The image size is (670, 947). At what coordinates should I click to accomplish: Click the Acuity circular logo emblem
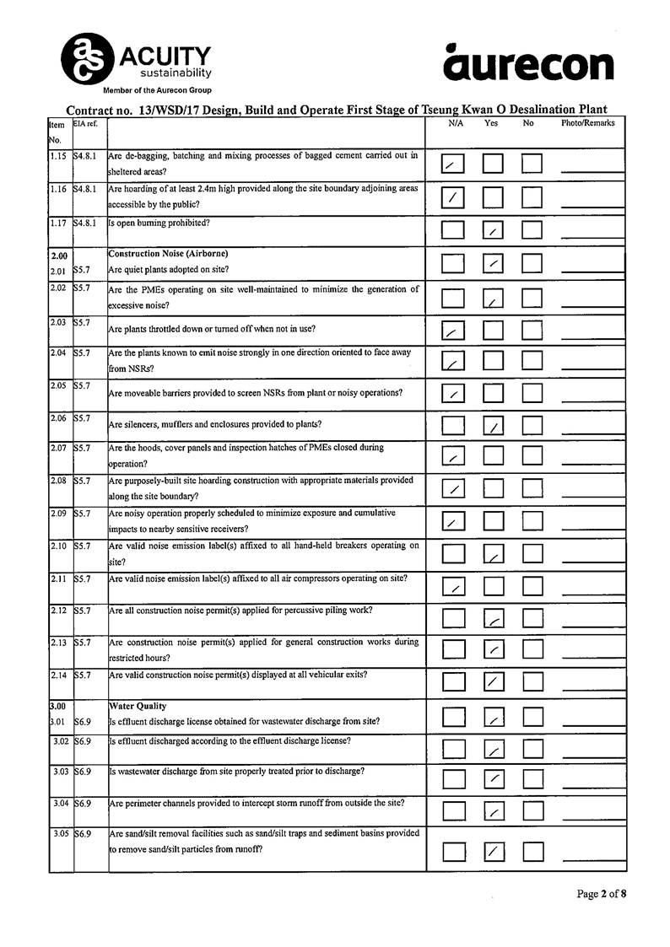(x=86, y=58)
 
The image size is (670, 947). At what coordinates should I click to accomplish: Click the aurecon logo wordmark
(x=528, y=64)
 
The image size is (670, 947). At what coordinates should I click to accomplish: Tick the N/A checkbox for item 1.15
(x=453, y=164)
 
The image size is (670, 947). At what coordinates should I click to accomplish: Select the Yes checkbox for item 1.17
(x=493, y=229)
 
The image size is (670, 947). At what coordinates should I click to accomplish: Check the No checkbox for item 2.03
(x=532, y=330)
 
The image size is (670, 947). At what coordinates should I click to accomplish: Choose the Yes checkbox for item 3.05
(x=494, y=851)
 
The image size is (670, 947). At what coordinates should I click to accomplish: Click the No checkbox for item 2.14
(x=532, y=681)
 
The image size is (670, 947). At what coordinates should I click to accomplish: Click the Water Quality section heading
(x=138, y=706)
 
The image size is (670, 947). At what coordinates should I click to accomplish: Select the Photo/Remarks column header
(x=588, y=123)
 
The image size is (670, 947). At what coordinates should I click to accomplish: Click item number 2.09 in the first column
(x=58, y=513)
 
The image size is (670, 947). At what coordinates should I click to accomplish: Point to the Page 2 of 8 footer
(x=601, y=893)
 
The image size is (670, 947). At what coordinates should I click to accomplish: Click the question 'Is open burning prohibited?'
(x=159, y=223)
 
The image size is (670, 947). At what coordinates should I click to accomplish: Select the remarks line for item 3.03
(x=592, y=783)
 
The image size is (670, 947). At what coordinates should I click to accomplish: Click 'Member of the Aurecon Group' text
(x=157, y=90)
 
